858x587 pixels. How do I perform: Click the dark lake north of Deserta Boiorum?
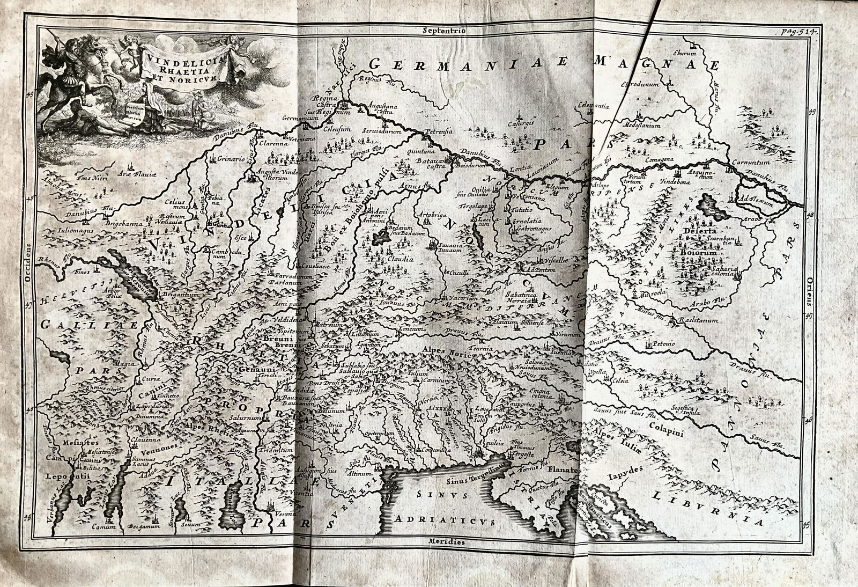tap(710, 204)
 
